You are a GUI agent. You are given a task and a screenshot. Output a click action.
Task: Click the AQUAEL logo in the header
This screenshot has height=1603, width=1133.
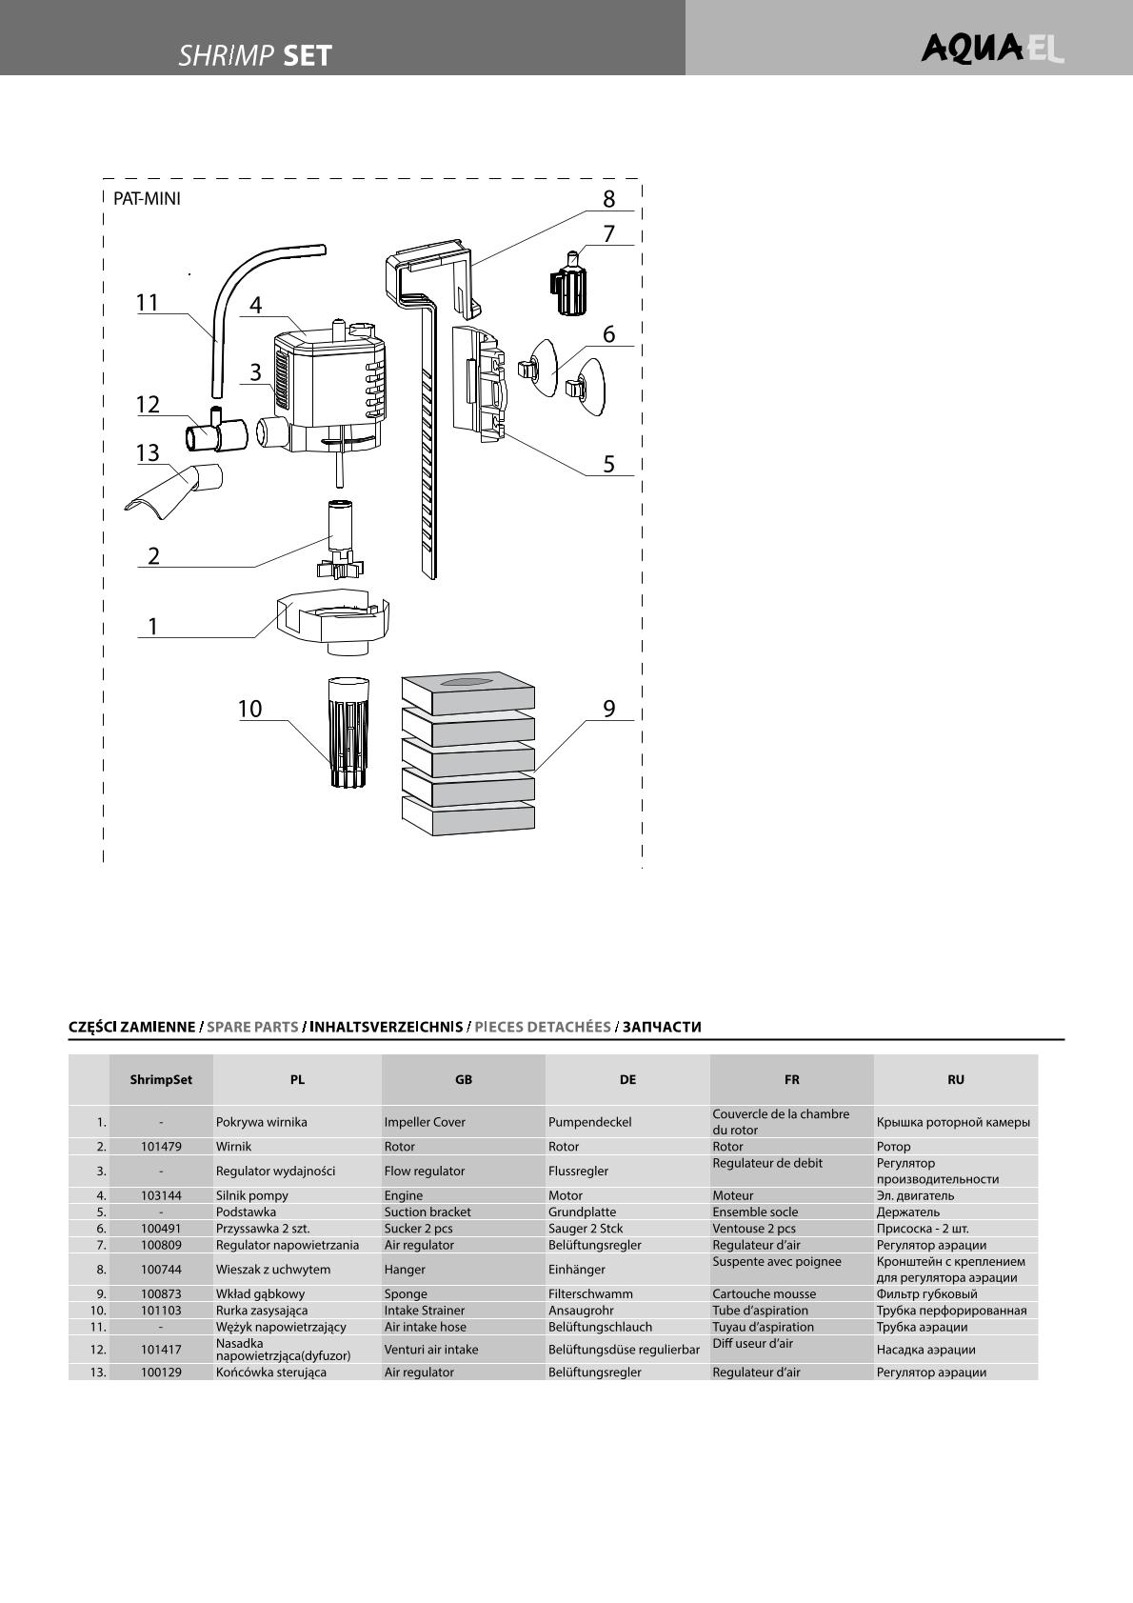click(x=992, y=49)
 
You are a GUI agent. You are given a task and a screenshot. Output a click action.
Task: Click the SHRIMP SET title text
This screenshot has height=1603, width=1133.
click(x=255, y=55)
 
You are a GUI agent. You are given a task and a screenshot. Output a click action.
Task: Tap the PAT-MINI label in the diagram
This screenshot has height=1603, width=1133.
click(x=147, y=198)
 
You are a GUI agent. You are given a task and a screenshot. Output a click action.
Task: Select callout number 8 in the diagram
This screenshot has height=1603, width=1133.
click(x=608, y=199)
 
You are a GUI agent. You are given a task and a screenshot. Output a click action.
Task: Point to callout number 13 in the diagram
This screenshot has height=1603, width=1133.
click(x=148, y=452)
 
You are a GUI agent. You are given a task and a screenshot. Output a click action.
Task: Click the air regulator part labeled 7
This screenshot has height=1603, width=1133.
click(x=568, y=284)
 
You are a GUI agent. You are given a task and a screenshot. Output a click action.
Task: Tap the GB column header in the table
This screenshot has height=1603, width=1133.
click(x=464, y=1079)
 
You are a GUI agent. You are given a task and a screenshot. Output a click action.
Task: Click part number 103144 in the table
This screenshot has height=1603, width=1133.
click(x=161, y=1195)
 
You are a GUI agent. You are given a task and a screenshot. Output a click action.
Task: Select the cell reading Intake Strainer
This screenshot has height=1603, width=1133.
click(x=425, y=1311)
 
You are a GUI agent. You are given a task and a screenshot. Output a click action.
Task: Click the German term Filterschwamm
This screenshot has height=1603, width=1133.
click(x=590, y=1294)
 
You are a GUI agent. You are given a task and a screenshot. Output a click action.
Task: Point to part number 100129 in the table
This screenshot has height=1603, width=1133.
click(x=161, y=1373)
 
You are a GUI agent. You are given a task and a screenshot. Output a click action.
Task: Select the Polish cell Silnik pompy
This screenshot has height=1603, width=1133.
click(x=251, y=1195)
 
